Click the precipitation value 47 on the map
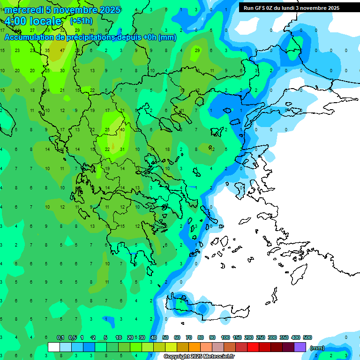[62, 50]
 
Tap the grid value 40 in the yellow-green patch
[122, 130]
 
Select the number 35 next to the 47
[47, 50]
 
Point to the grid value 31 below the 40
[122, 149]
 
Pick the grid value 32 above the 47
[62, 30]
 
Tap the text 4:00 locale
[33, 21]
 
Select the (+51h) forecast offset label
[81, 21]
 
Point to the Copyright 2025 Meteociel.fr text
[199, 356]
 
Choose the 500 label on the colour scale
[307, 337]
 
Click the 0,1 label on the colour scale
[60, 337]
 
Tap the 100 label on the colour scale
[225, 337]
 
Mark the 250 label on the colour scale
[261, 337]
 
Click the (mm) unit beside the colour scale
[317, 348]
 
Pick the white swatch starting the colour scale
[54, 347]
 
